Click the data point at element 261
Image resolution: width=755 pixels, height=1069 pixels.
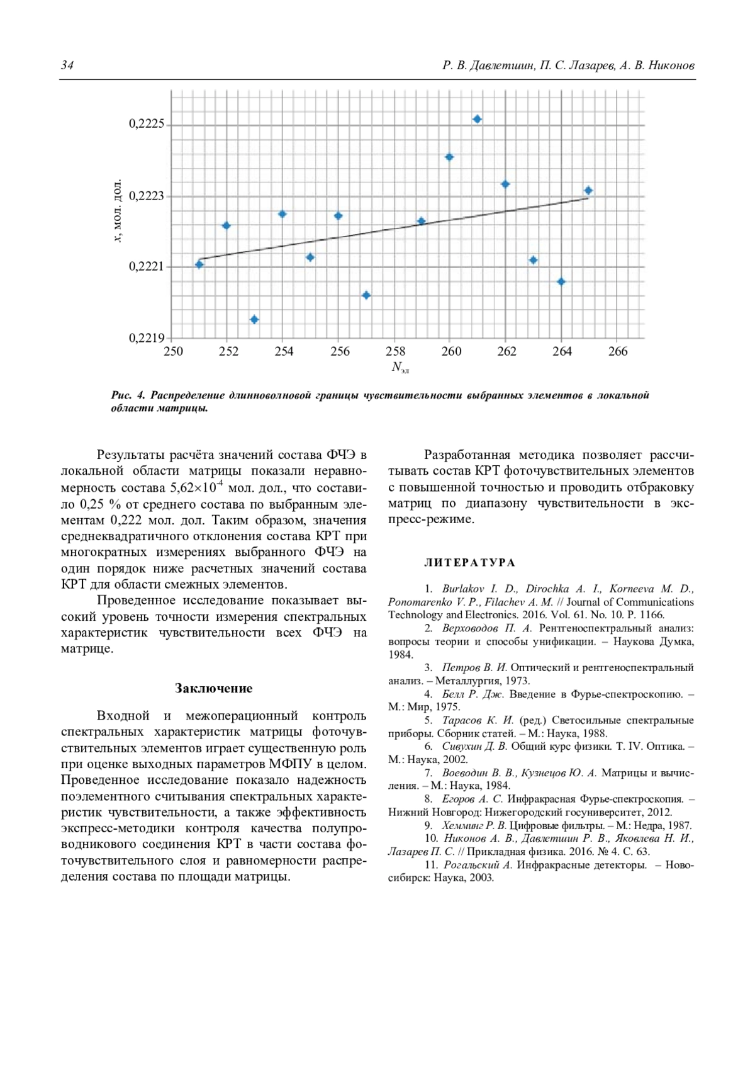478,119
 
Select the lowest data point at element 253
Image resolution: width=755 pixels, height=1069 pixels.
254,320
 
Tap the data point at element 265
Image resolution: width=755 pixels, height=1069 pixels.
588,190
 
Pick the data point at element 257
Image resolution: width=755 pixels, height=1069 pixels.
366,295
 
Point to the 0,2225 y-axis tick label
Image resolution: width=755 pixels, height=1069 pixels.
147,124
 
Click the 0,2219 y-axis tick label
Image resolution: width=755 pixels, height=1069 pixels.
147,338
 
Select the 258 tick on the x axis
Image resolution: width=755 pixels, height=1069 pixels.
396,351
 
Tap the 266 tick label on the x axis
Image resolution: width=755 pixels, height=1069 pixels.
618,351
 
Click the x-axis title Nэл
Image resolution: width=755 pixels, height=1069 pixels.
400,367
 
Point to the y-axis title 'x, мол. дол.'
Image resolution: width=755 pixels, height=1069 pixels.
117,211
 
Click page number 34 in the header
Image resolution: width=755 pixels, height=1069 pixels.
67,65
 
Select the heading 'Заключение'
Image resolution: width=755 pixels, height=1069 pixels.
214,688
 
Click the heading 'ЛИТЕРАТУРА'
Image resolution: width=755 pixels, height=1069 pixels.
469,562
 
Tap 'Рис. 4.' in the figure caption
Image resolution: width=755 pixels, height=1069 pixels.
128,395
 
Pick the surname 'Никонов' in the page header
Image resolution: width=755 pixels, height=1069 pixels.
671,65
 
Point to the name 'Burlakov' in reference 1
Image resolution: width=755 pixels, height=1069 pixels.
463,589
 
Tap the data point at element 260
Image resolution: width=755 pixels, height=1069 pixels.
449,157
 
